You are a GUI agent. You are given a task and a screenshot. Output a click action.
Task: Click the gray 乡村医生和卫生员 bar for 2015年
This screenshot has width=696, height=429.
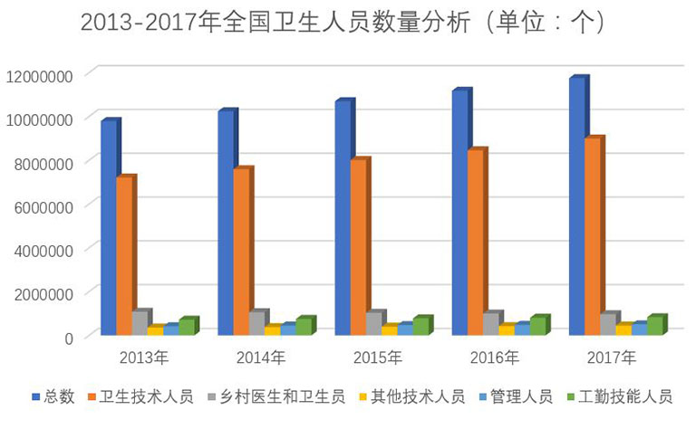click(x=372, y=323)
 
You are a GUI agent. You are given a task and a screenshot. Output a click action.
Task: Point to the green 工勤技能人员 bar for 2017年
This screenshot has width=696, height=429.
click(x=654, y=325)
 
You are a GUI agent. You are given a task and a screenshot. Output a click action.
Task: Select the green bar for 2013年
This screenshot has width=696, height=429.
click(x=187, y=327)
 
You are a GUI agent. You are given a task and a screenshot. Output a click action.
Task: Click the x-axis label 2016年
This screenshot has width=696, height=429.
click(x=495, y=357)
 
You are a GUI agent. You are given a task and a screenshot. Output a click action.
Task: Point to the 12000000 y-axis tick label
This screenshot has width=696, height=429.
click(x=41, y=75)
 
